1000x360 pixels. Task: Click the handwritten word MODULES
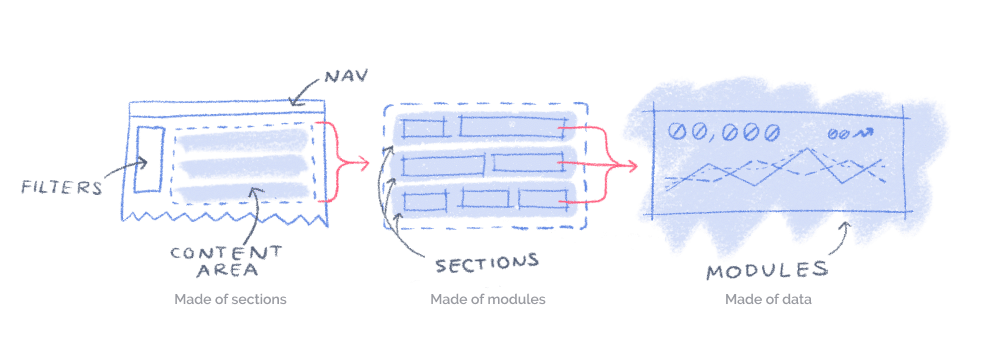pos(766,270)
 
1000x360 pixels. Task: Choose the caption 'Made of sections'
pos(231,299)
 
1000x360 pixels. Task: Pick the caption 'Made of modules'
pos(488,299)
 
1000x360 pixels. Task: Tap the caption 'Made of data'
pos(769,299)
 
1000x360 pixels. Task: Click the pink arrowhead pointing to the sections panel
pos(365,160)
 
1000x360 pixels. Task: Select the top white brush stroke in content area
pos(240,142)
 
